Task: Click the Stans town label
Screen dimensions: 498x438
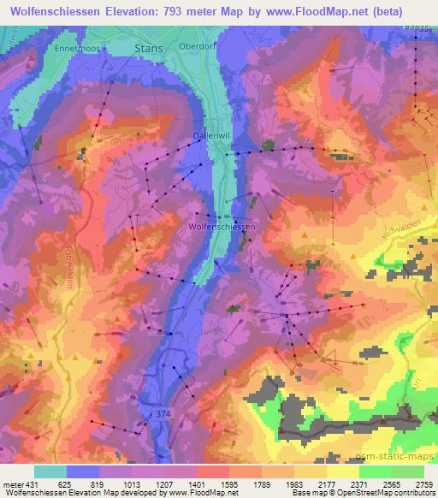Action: (x=149, y=49)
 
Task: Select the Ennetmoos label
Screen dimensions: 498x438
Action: (x=77, y=49)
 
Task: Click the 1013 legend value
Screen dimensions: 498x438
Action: (x=133, y=485)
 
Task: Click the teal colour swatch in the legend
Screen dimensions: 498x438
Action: (x=50, y=471)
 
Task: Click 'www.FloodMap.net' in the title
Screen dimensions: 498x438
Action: (x=317, y=9)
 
